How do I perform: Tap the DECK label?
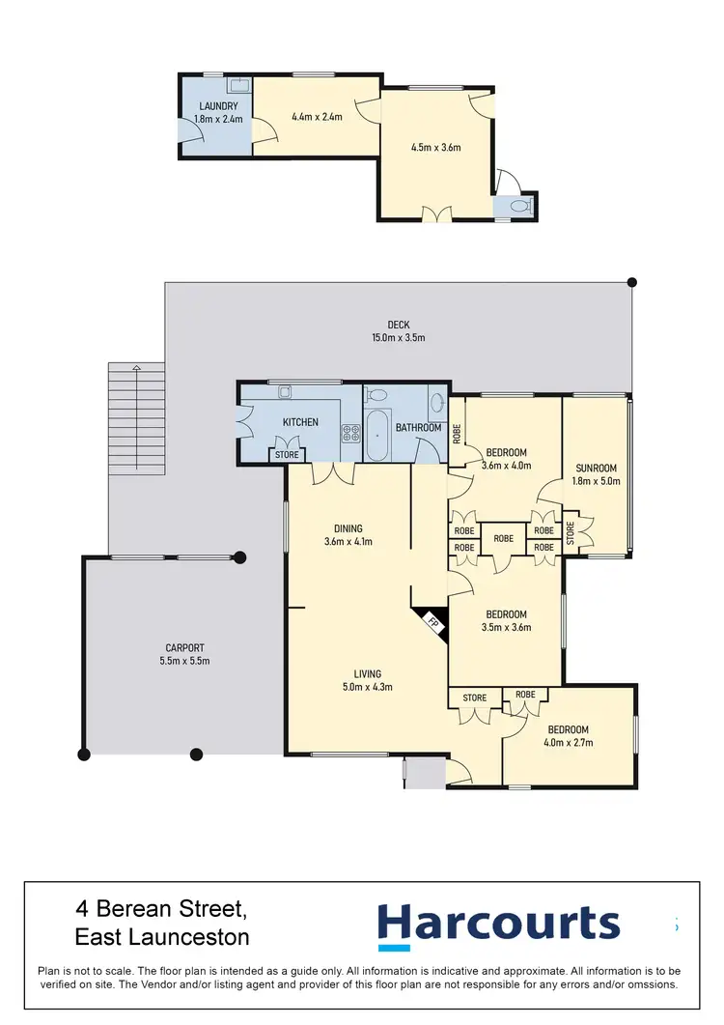point(398,325)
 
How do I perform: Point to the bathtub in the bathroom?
point(376,438)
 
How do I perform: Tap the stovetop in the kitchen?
point(348,436)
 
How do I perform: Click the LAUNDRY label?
point(217,106)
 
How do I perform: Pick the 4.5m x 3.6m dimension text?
point(435,148)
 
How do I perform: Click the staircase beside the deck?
point(136,418)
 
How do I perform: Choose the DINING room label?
point(348,528)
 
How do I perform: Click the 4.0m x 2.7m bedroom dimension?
point(569,743)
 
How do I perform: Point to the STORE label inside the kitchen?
point(287,454)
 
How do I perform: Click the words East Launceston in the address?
point(161,937)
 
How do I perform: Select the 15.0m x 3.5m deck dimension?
point(398,338)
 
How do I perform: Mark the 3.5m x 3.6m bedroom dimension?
point(506,628)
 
